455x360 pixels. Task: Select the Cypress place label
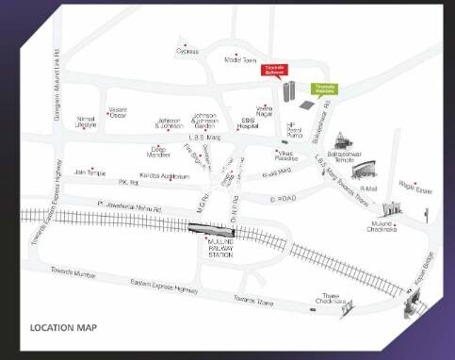tap(187, 52)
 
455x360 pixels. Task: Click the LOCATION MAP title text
tap(63, 328)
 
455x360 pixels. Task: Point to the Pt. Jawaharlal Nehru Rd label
tap(128, 205)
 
